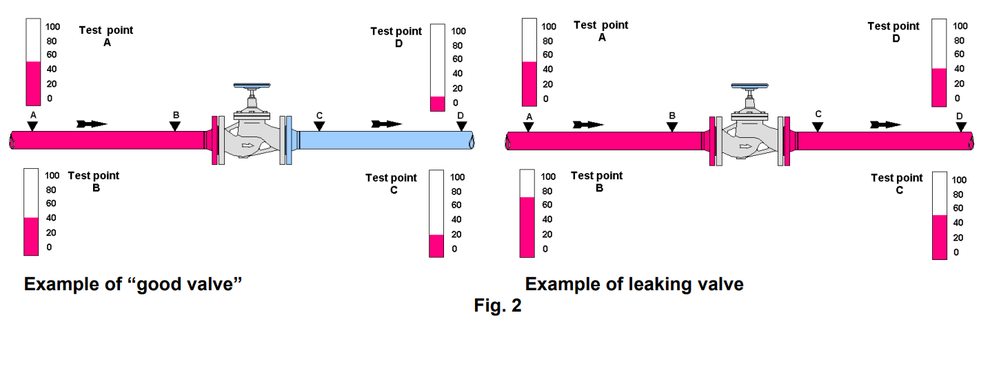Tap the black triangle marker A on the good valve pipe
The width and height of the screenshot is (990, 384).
(32, 125)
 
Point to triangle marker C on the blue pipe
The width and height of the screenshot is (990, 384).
(319, 126)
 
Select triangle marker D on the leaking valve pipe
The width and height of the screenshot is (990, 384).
(960, 126)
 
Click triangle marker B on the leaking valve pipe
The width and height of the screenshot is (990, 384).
(672, 126)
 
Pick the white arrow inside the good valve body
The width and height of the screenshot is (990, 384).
(249, 146)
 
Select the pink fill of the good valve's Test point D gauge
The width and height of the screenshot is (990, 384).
(437, 104)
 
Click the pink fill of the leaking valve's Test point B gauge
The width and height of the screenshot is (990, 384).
(527, 227)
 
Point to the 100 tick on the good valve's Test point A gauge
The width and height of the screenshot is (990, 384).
(52, 27)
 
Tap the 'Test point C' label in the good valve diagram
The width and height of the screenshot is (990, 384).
(392, 183)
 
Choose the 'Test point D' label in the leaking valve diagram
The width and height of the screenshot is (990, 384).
(894, 32)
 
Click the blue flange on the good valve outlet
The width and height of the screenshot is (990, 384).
(289, 140)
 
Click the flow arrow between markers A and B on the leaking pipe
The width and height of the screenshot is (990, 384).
(588, 125)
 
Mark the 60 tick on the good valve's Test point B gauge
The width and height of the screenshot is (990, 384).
(50, 203)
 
